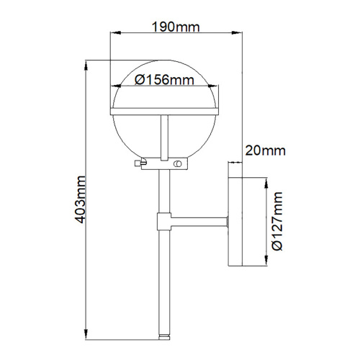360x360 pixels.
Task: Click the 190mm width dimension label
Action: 175,27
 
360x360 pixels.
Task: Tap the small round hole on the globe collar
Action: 176,165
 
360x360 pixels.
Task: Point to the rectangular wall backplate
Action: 236,222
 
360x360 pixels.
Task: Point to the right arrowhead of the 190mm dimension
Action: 239,34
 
